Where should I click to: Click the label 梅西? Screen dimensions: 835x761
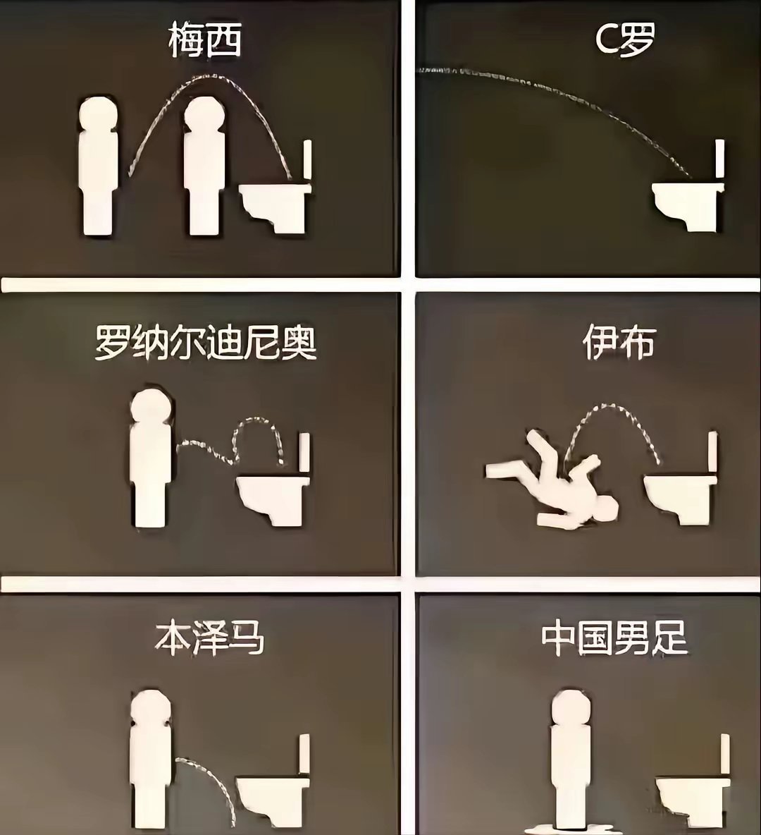click(x=204, y=41)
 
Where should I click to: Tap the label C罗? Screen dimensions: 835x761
click(x=624, y=41)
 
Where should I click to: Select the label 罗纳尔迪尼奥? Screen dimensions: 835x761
click(x=205, y=343)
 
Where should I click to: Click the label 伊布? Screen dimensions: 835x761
click(x=618, y=343)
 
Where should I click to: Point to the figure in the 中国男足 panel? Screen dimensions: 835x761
click(x=569, y=755)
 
